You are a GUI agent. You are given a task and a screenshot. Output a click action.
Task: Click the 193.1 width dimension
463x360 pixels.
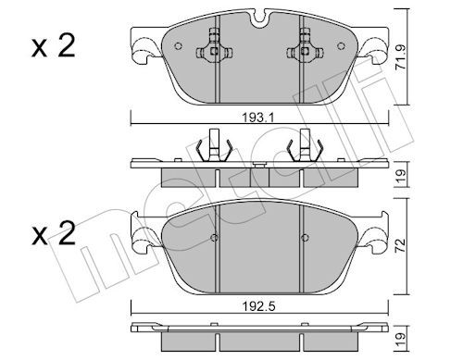click(x=258, y=118)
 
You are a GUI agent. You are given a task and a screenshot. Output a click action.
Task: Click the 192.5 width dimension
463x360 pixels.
click(x=258, y=306)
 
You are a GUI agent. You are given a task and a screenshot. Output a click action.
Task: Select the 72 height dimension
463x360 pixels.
click(x=400, y=245)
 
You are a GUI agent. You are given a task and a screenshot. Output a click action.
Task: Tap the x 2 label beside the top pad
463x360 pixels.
click(x=54, y=46)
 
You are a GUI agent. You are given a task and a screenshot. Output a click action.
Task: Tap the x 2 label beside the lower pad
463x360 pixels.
click(x=54, y=233)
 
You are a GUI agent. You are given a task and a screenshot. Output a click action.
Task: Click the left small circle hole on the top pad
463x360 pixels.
click(x=178, y=46)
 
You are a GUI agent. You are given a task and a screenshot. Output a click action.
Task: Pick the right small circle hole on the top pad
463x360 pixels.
click(x=341, y=46)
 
